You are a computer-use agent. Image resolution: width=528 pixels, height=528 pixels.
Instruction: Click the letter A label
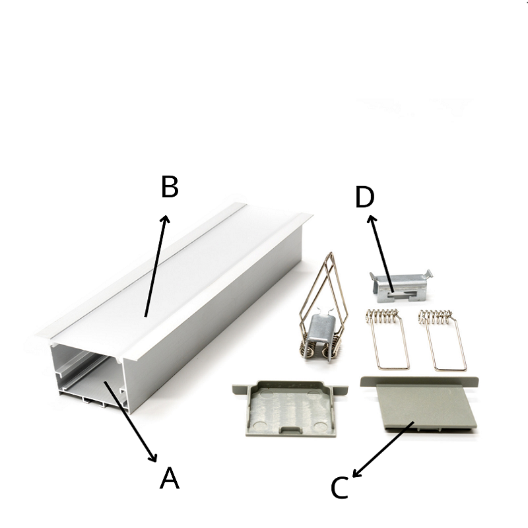click(170, 477)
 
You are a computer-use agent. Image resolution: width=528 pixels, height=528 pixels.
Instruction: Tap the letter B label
click(170, 187)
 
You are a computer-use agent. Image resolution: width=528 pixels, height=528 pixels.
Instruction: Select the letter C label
click(339, 488)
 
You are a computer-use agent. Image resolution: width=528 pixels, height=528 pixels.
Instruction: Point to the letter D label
click(365, 197)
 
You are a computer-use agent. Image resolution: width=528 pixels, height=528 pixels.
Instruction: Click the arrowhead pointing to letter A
click(153, 457)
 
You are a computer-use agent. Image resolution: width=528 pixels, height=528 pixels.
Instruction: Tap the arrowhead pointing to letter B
click(165, 219)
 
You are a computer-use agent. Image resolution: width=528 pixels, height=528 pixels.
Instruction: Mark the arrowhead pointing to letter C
click(356, 473)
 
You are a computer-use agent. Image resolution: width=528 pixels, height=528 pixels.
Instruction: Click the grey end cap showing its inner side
click(290, 408)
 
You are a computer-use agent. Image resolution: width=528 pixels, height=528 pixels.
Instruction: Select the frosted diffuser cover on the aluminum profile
click(175, 279)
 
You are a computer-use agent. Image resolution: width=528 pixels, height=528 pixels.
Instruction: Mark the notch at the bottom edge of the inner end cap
click(290, 429)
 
